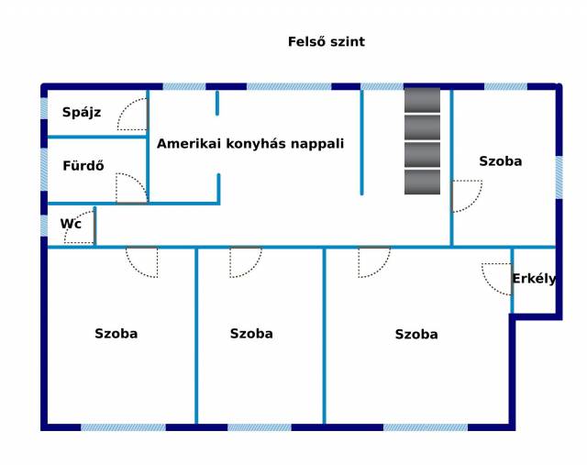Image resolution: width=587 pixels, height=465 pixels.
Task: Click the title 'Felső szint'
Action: (327, 41)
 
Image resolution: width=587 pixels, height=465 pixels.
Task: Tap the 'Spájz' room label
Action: (82, 113)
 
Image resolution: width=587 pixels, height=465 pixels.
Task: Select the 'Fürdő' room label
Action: (83, 166)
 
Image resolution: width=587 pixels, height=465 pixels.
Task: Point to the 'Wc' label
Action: (71, 223)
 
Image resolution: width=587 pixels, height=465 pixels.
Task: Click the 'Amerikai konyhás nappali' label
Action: (250, 144)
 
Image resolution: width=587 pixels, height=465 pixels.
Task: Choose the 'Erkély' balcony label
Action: (534, 279)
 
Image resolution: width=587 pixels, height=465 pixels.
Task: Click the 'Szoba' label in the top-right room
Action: (501, 161)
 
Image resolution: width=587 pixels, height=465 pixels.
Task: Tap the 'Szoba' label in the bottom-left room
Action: (116, 334)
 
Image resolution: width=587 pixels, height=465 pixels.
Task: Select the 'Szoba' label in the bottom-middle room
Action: (251, 334)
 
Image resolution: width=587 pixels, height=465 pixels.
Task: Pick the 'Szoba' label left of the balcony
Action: (416, 335)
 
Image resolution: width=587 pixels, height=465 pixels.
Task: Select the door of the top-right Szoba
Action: (465, 195)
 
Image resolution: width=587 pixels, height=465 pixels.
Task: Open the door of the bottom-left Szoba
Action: (142, 261)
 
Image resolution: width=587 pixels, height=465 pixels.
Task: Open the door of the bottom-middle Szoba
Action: (246, 261)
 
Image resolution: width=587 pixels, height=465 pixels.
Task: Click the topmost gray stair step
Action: (422, 99)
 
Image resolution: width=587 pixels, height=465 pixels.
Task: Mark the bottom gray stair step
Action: (422, 182)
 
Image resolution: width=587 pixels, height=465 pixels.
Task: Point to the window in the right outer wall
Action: (559, 177)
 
